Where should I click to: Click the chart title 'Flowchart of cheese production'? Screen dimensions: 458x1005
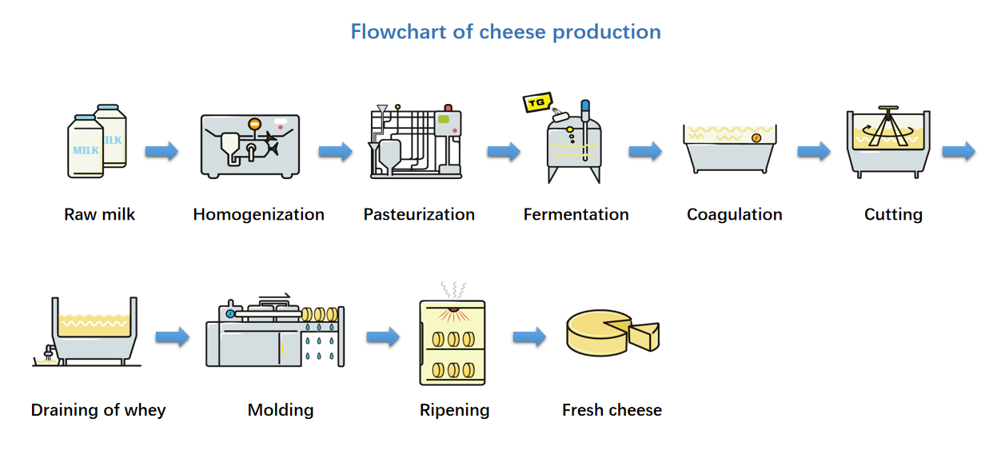point(505,32)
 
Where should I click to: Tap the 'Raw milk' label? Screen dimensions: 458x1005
point(100,214)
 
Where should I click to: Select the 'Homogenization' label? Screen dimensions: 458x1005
point(258,214)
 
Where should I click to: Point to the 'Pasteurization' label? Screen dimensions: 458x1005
point(419,214)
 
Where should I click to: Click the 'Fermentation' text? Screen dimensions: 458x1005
point(576,214)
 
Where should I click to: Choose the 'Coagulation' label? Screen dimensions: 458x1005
point(734,214)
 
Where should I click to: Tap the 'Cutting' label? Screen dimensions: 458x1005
point(893,214)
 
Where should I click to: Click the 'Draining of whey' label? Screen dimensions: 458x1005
point(98,410)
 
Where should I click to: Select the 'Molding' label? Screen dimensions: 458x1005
point(281,410)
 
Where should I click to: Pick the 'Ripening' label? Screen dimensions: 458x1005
point(454,410)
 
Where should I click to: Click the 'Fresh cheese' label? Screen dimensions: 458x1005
point(612,410)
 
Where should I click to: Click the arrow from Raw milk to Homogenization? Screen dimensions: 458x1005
point(162,151)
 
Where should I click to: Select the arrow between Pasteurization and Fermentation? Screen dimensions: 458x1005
point(504,151)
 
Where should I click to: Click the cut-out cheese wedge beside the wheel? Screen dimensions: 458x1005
point(644,335)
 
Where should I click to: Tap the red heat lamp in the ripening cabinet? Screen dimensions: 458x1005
point(453,309)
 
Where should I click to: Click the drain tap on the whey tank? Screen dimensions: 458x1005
point(48,349)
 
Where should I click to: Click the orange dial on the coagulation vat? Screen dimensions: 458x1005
point(756,137)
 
